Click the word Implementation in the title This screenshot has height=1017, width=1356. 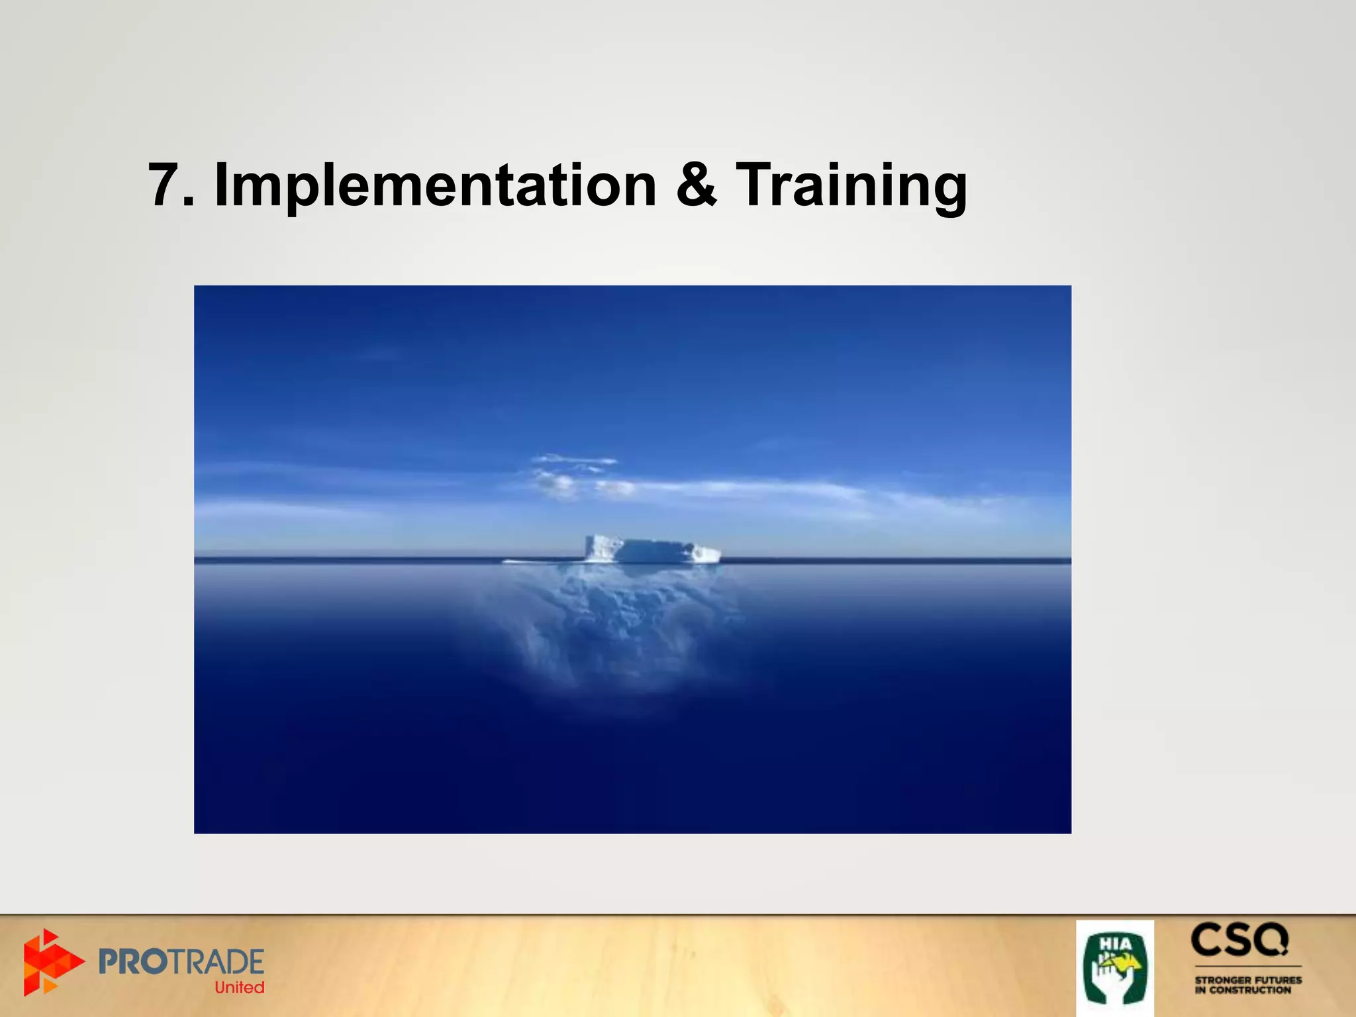coord(435,185)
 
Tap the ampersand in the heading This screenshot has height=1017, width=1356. coord(696,185)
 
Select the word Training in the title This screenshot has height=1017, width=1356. coord(851,185)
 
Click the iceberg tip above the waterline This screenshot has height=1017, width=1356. coord(652,550)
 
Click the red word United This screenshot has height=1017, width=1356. coord(239,987)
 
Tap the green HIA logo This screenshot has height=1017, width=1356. coord(1114,968)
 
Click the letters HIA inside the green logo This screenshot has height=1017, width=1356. coord(1115,944)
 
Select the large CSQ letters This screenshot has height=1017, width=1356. coord(1239,941)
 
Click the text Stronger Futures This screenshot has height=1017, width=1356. coord(1247,980)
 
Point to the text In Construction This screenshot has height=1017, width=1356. coord(1242,991)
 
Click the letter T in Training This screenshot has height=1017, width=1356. coord(755,185)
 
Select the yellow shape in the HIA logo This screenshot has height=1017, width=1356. coord(1126,967)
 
